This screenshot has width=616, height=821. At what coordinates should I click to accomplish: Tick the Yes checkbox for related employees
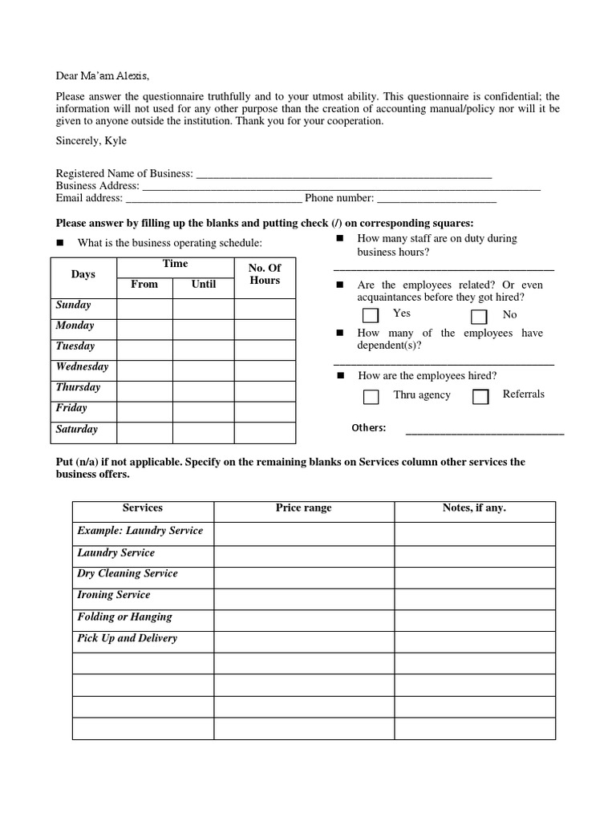pyautogui.click(x=371, y=315)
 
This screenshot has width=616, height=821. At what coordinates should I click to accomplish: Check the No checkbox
pyautogui.click(x=479, y=316)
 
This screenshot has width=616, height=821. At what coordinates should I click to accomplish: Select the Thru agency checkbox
pyautogui.click(x=371, y=396)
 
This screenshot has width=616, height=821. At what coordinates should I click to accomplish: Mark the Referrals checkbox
pyautogui.click(x=480, y=396)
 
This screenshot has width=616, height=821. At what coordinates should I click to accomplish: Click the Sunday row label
pyautogui.click(x=74, y=305)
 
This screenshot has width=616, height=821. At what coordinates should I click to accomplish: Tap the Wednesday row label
pyautogui.click(x=82, y=366)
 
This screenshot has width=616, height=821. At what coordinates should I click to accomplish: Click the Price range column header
pyautogui.click(x=303, y=508)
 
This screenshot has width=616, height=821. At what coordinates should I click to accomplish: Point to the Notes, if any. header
pyautogui.click(x=474, y=508)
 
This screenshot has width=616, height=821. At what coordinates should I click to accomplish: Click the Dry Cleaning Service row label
pyautogui.click(x=128, y=574)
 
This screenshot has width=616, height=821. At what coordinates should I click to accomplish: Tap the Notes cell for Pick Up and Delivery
pyautogui.click(x=474, y=641)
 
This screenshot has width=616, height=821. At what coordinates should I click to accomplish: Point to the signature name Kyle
pyautogui.click(x=116, y=141)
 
